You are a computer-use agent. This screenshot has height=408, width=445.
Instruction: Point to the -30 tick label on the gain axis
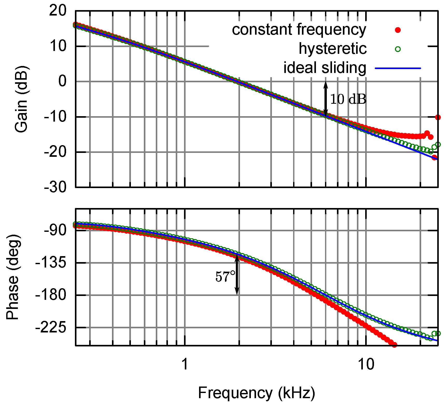(x=55, y=187)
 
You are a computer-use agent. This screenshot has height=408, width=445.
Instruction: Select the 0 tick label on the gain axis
(x=62, y=81)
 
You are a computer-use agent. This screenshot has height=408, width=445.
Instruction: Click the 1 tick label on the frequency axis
(x=185, y=364)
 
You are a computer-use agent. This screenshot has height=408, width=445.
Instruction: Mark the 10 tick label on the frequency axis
(x=366, y=364)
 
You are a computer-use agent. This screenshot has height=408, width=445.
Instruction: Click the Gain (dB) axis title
(x=21, y=99)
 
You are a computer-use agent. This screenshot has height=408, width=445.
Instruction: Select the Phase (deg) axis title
(x=13, y=277)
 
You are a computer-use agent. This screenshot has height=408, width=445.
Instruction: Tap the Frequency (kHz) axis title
(x=257, y=393)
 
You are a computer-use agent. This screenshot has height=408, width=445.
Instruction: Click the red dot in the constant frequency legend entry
(x=398, y=30)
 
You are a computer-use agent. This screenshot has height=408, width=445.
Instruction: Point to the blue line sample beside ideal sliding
(x=398, y=68)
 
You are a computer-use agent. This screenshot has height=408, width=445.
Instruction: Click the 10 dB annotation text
(x=348, y=99)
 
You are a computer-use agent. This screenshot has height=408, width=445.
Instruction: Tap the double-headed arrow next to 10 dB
(x=326, y=99)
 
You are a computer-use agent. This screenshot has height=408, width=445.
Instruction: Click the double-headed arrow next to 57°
(x=237, y=275)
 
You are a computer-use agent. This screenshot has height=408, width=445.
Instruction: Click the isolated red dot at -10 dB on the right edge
(x=438, y=117)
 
